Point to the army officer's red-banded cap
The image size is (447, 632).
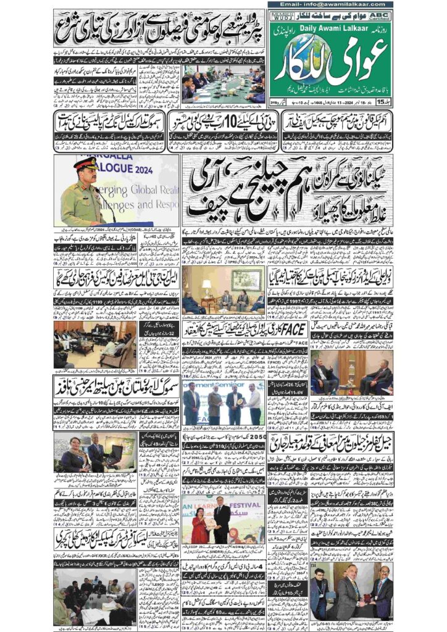pyautogui.click(x=86, y=164)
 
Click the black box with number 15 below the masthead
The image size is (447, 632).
pyautogui.click(x=382, y=101)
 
